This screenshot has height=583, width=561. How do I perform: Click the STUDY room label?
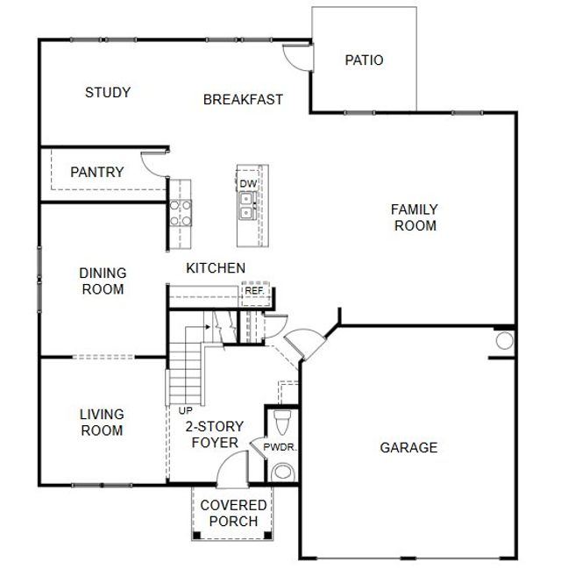(x=108, y=92)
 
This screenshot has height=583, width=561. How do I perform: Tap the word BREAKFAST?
(x=243, y=99)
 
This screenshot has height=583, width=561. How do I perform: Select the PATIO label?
(x=364, y=60)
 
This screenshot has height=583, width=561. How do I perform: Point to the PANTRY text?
(x=96, y=172)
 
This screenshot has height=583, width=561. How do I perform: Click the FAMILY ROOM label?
(x=415, y=217)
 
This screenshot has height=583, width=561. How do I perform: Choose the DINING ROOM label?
(x=103, y=281)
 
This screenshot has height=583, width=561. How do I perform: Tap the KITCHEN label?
(x=215, y=267)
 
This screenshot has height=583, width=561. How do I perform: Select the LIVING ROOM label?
(x=102, y=422)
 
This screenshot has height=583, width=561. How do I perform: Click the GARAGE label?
(x=408, y=447)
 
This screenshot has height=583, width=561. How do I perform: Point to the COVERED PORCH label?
(x=233, y=513)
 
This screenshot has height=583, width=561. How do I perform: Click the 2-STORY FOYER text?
(x=214, y=434)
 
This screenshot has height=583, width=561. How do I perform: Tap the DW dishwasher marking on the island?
(x=247, y=183)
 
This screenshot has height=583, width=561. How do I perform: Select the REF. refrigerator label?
(x=254, y=290)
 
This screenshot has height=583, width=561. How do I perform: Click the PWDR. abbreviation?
(x=280, y=447)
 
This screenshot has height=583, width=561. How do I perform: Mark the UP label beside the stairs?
(x=185, y=409)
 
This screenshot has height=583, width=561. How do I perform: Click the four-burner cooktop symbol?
(x=181, y=213)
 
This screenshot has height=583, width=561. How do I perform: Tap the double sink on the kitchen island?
(x=247, y=206)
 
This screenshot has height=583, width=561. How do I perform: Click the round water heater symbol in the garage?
(x=505, y=341)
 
